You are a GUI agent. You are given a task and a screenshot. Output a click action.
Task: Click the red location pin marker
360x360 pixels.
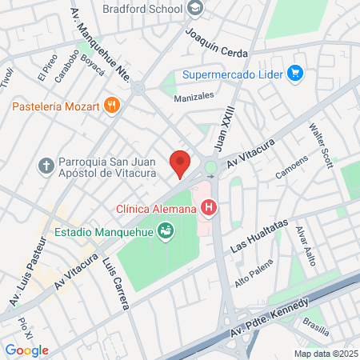pyautogui.click(x=181, y=162)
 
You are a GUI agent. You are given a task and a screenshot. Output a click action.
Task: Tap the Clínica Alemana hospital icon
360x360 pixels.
pyautogui.click(x=210, y=210)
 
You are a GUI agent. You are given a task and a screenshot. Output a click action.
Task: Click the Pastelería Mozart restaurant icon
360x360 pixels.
pyautogui.click(x=113, y=105)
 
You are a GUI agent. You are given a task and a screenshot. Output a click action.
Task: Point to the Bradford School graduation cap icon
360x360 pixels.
pyautogui.click(x=196, y=9)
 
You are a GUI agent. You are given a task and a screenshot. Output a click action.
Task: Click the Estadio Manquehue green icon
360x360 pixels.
pyautogui.click(x=166, y=232)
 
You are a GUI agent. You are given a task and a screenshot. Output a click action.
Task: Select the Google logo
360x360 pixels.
pyautogui.click(x=26, y=350)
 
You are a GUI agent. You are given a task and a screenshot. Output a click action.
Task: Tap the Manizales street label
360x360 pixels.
pyautogui.click(x=194, y=96)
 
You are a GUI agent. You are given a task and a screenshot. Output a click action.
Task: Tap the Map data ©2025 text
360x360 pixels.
pyautogui.click(x=325, y=353)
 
